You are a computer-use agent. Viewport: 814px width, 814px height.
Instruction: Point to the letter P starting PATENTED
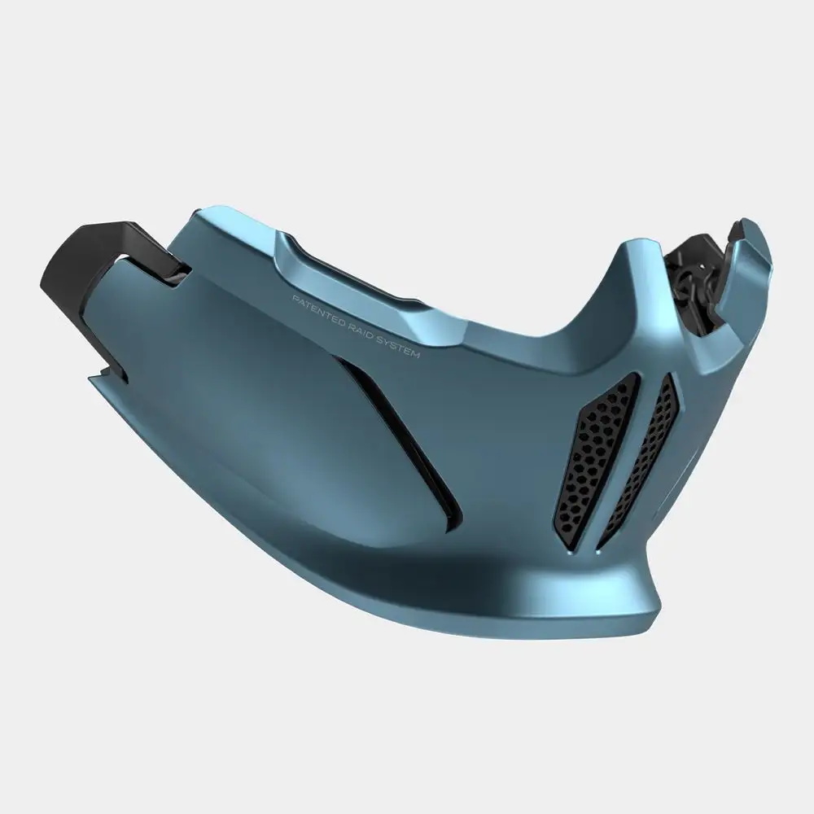click(x=294, y=298)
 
